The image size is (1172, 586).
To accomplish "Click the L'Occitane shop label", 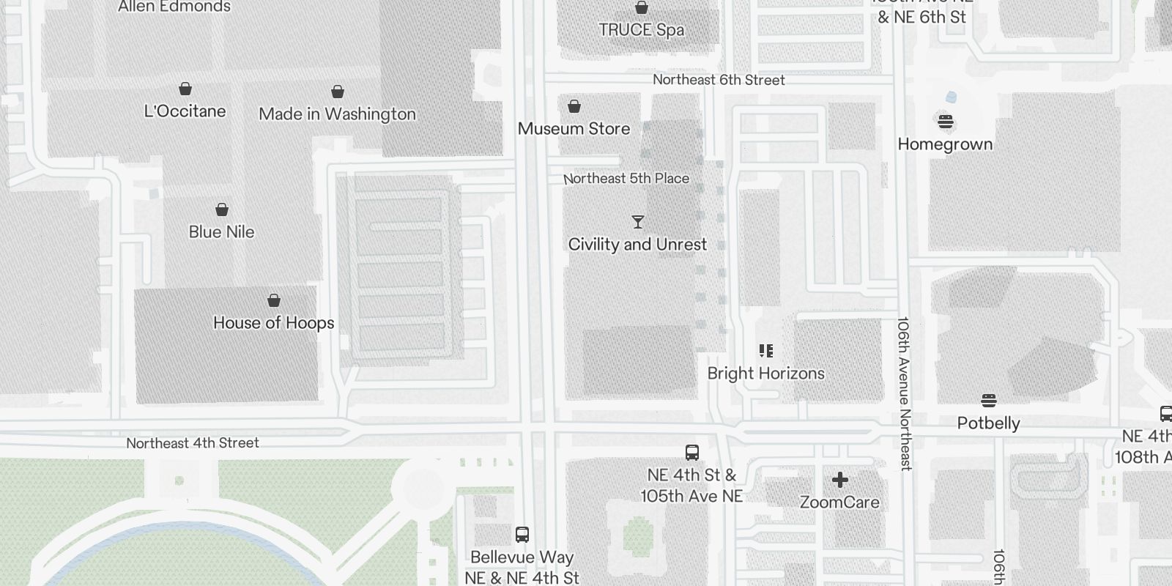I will (x=185, y=111).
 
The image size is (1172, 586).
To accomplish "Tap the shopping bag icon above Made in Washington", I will (x=338, y=92).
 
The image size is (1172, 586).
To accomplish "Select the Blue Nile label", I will (x=221, y=232).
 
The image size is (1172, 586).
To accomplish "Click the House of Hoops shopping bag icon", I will (x=274, y=300).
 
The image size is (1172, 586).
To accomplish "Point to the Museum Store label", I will (x=574, y=129).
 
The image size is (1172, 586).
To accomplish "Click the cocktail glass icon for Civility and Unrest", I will (x=638, y=222).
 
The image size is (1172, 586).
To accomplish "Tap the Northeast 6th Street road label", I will (x=719, y=80).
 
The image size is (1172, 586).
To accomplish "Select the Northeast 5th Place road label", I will (x=626, y=178).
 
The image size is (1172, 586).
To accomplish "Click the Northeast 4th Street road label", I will (x=193, y=443).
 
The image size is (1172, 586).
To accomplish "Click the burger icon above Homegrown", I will (x=946, y=122).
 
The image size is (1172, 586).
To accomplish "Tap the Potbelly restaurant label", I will (x=988, y=423).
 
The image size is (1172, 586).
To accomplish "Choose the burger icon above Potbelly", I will (x=989, y=401).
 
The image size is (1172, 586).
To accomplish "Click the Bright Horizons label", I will (x=765, y=374).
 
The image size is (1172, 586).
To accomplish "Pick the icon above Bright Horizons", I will (x=766, y=351).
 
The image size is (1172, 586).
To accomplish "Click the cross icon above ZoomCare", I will (x=840, y=480).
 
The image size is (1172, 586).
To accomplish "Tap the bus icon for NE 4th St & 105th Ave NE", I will (x=692, y=452).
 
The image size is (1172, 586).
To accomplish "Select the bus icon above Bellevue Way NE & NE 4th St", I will (x=522, y=535).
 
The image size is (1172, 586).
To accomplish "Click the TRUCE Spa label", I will (x=641, y=30).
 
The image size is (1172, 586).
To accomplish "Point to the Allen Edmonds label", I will (x=174, y=7).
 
